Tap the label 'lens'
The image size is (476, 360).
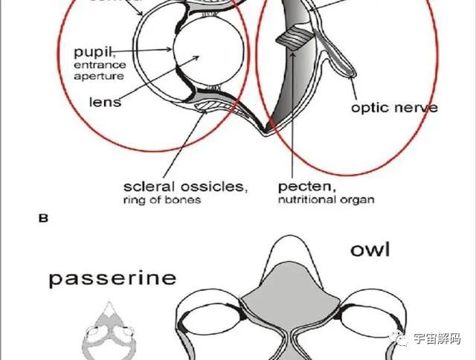pos(105,101)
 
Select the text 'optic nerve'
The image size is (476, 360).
pos(394,107)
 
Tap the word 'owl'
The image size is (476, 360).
pos(370,250)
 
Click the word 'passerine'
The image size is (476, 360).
pos(113,278)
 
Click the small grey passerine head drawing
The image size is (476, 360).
pos(109,329)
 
